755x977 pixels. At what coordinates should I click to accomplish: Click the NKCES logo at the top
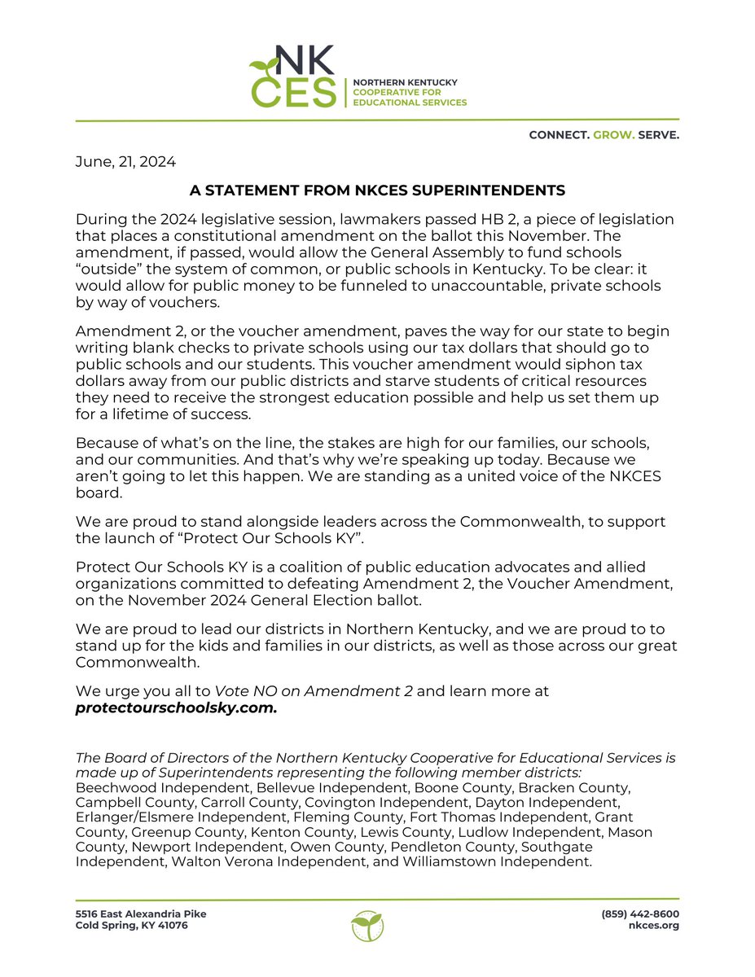point(293,77)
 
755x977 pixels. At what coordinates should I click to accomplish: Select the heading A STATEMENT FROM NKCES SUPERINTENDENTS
point(377,191)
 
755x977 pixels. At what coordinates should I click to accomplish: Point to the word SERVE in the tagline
point(659,135)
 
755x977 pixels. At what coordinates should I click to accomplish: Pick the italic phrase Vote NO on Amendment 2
point(314,691)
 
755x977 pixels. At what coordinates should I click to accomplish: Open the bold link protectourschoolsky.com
point(176,708)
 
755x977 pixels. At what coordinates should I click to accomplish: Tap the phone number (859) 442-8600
point(640,913)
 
